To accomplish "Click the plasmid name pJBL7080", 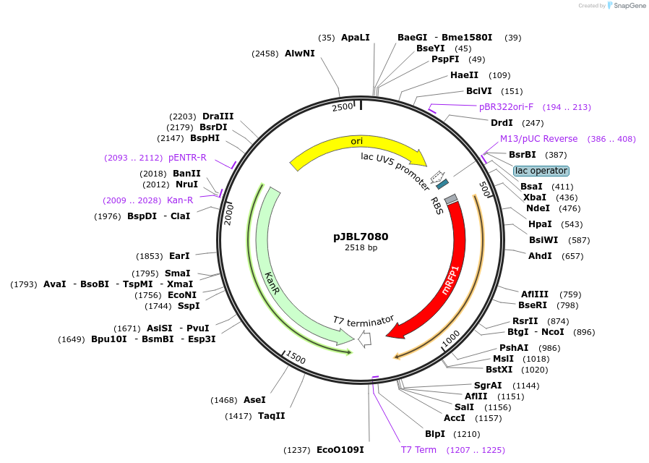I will point(361,237).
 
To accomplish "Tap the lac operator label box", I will point(541,171).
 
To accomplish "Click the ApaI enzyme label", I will point(355,37).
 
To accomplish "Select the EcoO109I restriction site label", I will point(340,450).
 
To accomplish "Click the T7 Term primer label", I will point(418,450).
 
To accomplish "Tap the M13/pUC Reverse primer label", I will point(538,139).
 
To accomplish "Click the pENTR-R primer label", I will point(187,158).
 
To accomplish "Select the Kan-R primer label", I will point(180,200).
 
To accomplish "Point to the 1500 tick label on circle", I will point(296,357).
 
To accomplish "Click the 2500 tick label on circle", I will point(342,107).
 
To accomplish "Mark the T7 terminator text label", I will point(364,320).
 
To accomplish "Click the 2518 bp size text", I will point(361,248).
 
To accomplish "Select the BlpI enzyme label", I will point(435,434).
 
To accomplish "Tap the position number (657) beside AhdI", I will point(571,256).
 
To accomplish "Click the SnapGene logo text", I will point(627,6).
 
